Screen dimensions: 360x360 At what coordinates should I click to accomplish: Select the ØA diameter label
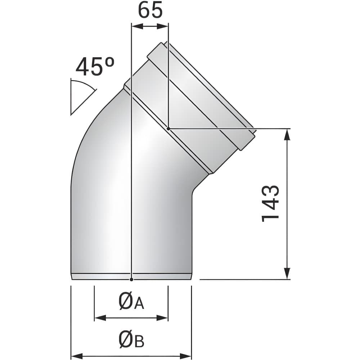point(131,301)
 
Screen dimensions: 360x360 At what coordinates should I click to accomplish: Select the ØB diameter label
point(131,339)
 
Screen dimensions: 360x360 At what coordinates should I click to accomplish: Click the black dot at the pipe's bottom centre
point(131,279)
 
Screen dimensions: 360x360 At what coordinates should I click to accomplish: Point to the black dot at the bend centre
point(168,129)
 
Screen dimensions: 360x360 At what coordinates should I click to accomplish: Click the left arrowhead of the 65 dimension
point(138,26)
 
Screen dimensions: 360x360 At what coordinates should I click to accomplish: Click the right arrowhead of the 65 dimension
point(162,26)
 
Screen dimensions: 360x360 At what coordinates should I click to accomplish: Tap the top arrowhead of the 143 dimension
point(287,135)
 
